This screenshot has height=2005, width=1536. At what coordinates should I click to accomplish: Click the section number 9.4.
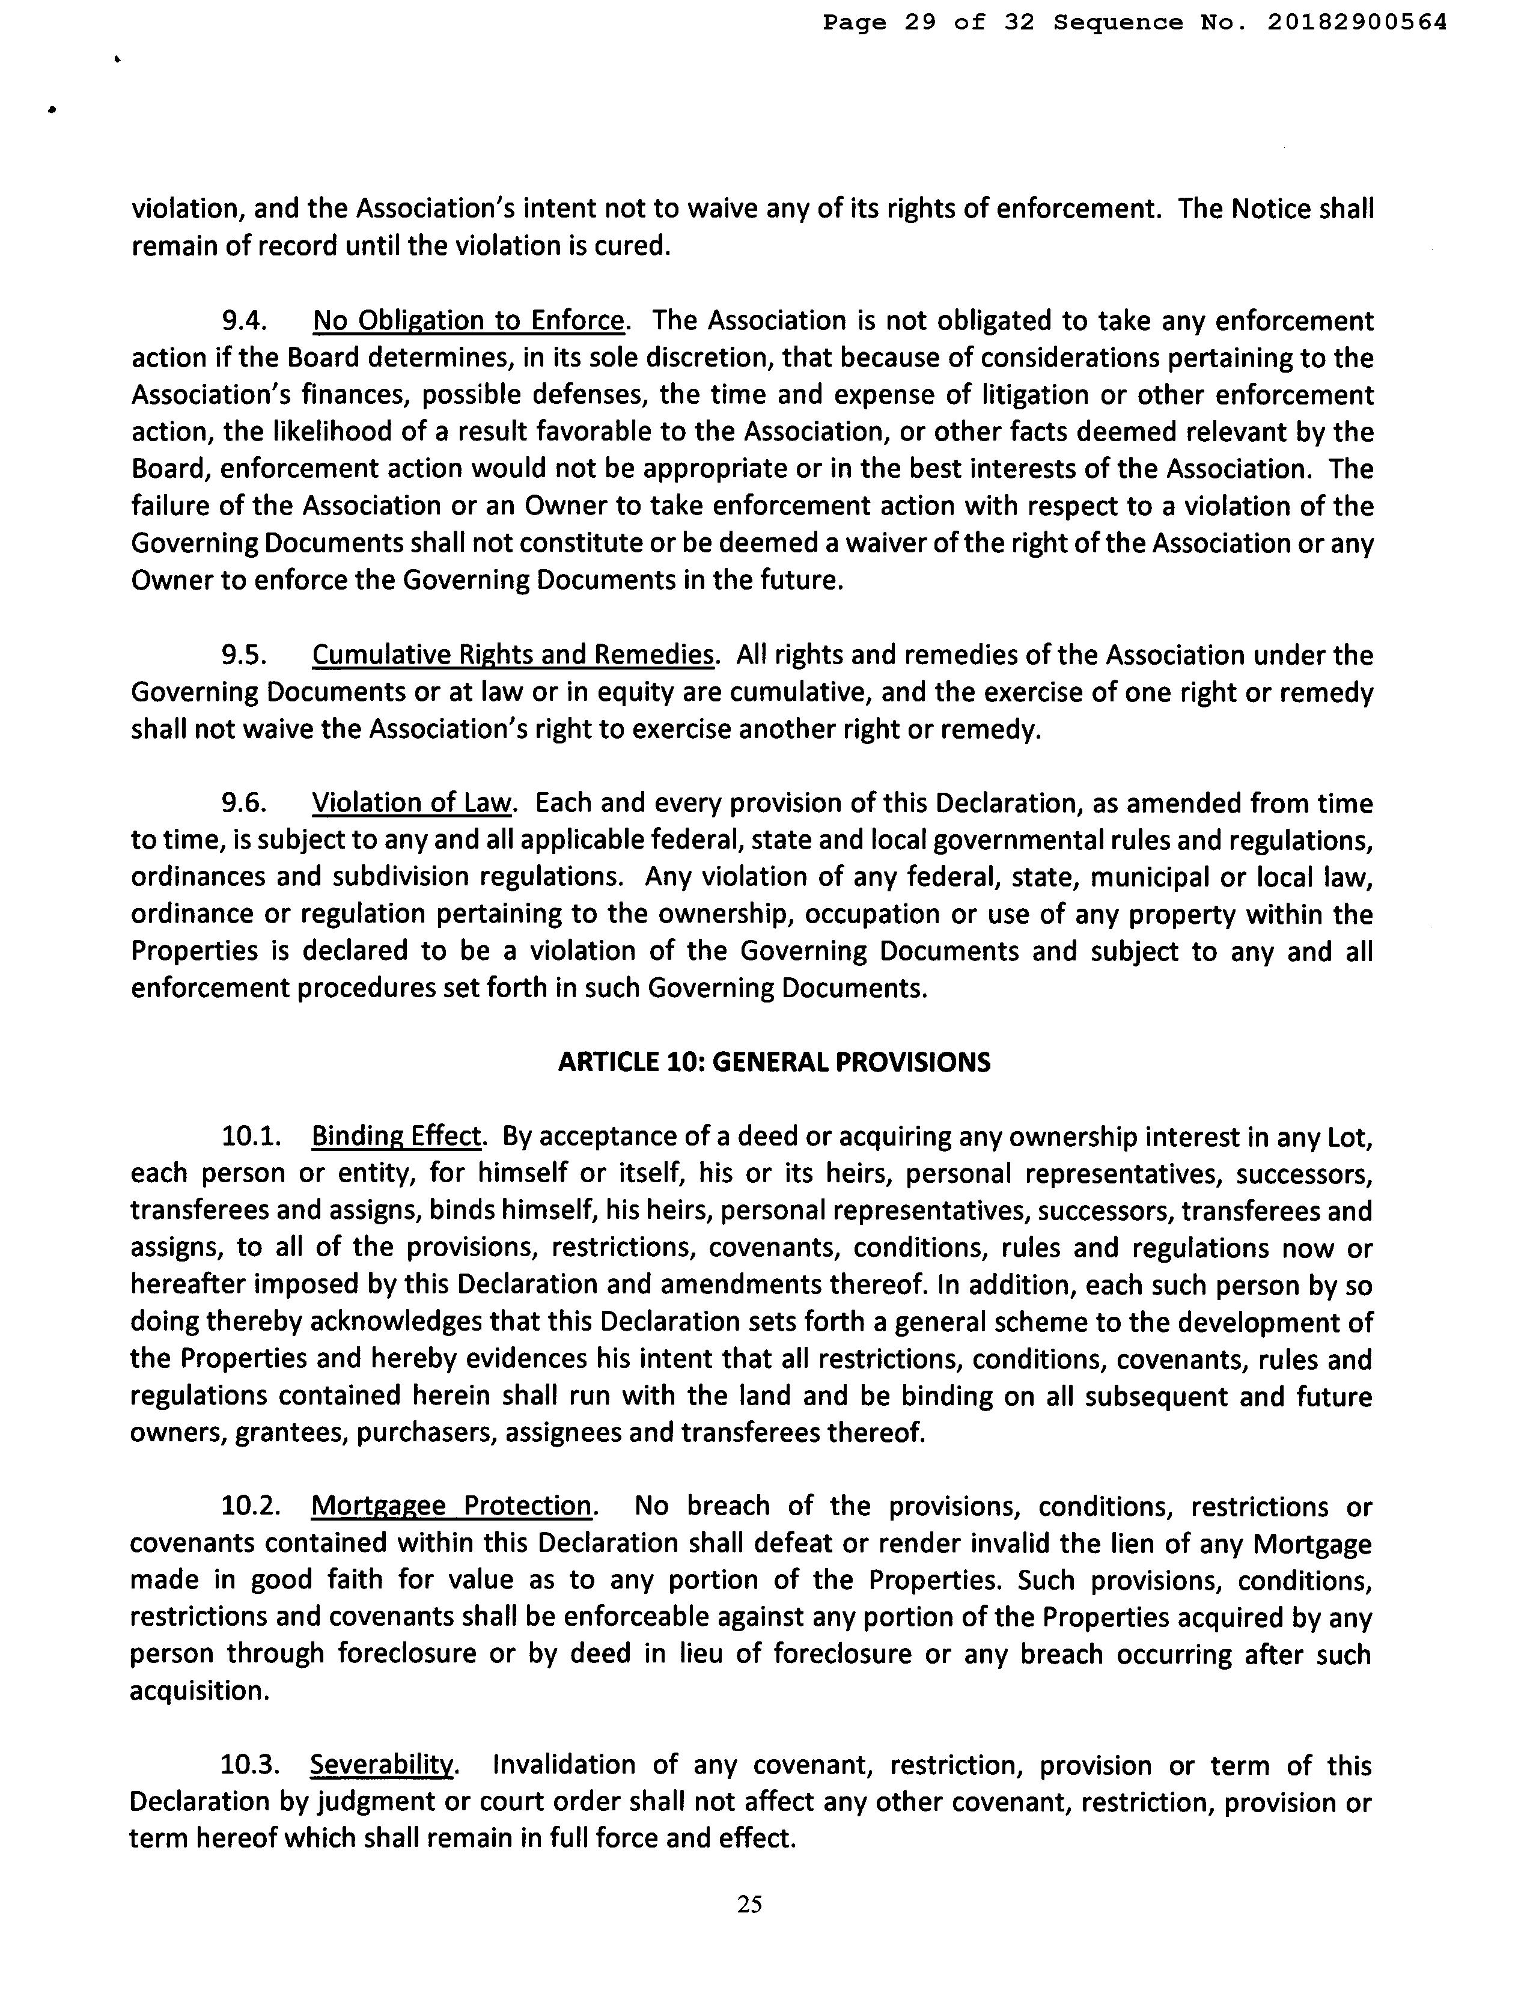tap(244, 321)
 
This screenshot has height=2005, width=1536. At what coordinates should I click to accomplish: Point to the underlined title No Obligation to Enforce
tap(469, 321)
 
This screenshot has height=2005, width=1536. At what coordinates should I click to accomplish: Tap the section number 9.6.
tap(244, 803)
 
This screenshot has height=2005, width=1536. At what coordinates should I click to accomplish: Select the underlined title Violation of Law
tap(412, 803)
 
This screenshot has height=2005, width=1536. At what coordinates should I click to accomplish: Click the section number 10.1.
tap(249, 1137)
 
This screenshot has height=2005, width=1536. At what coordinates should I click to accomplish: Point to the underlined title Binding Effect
tap(396, 1137)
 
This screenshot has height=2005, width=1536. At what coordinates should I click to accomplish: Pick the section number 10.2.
tap(249, 1506)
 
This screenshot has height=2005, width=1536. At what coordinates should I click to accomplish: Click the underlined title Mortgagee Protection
tap(452, 1506)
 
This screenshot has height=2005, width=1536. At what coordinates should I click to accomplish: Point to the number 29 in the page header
tap(920, 23)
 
